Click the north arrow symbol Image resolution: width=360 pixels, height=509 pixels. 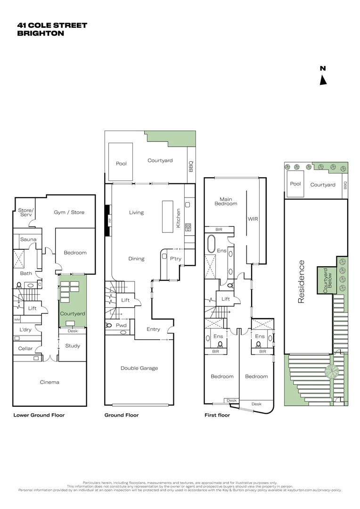click(323, 80)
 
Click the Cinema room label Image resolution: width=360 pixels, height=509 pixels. click(49, 382)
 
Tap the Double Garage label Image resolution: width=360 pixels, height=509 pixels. click(139, 368)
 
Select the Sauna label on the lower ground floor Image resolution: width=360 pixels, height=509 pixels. click(28, 239)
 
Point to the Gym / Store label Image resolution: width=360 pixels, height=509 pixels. click(69, 213)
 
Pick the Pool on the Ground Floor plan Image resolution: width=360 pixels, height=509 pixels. click(121, 164)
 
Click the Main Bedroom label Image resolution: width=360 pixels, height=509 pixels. click(226, 201)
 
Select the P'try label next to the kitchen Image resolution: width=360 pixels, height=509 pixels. click(175, 259)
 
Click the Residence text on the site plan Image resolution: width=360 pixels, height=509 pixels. click(302, 281)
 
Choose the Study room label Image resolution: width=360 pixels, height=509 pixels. click(72, 346)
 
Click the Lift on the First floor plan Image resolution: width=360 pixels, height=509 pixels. click(226, 299)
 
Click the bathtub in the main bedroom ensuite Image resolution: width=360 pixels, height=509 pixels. click(211, 245)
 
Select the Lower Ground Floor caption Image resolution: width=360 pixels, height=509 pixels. click(39, 415)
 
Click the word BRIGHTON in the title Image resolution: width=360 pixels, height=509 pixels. click(41, 33)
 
